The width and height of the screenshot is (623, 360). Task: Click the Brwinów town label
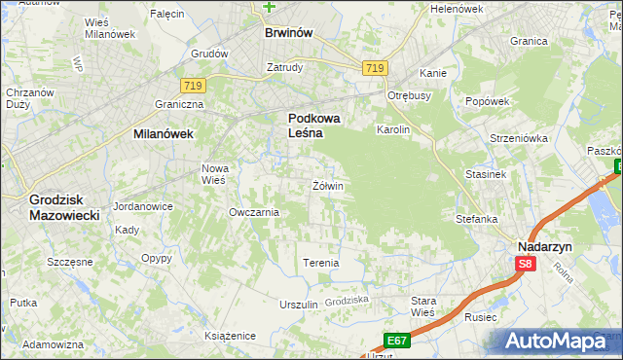pos(288,32)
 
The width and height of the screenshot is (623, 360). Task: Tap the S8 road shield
pos(526,264)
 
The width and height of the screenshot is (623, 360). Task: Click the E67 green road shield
pos(395,341)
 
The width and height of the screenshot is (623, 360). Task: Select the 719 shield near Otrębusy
pos(375,67)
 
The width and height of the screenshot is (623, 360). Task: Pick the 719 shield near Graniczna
pos(191,86)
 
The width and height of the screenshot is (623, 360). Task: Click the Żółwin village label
pos(328,185)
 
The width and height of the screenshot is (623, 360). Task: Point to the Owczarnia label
pos(254,211)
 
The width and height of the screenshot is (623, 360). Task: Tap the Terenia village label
pos(320,263)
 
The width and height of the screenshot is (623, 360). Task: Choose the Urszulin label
pos(299,305)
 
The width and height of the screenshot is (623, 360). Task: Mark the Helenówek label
pos(457,9)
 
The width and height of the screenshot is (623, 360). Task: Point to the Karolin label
pos(393,129)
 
